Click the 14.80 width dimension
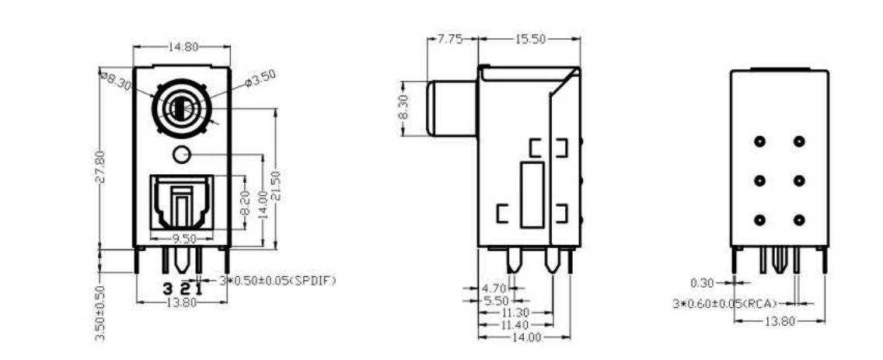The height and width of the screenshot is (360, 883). tap(181, 47)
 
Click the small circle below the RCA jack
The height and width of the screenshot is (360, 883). tap(181, 155)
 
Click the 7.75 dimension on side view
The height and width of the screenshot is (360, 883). tap(450, 39)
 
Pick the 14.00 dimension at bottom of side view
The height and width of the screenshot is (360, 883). tap(526, 337)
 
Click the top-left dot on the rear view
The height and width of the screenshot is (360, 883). tap(759, 142)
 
